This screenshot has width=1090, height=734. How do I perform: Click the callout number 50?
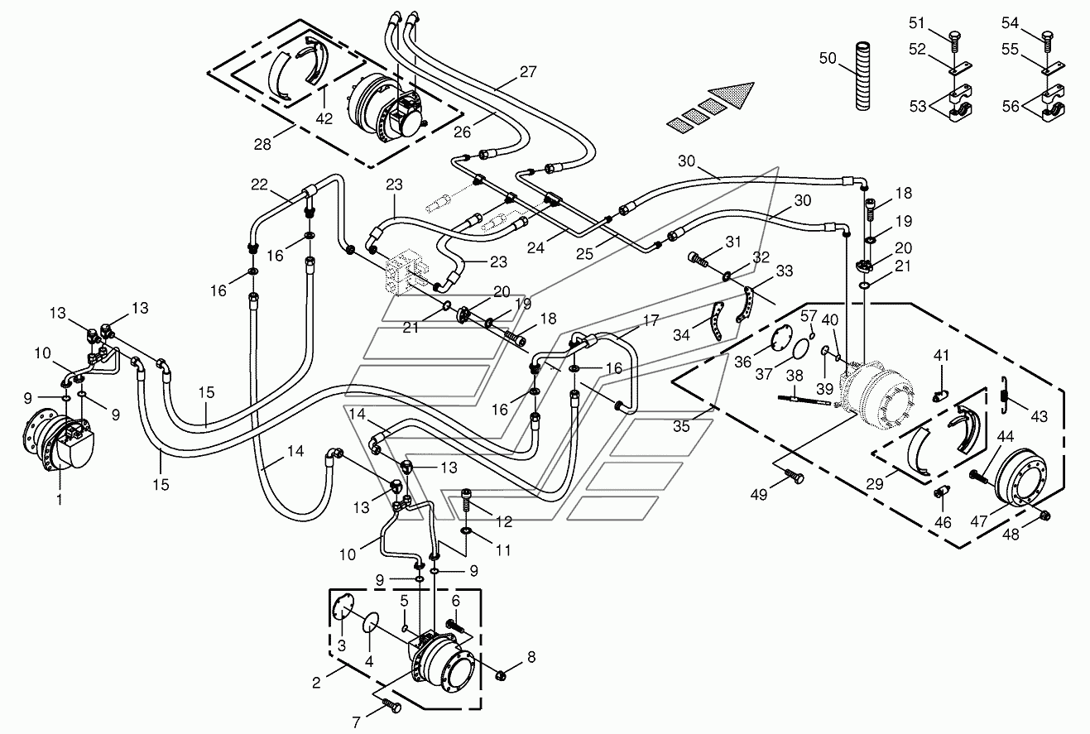(x=828, y=59)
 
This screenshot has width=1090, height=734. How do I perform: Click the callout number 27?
(x=528, y=71)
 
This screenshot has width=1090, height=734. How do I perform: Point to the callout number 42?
(x=324, y=118)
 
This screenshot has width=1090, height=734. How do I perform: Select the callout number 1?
(x=60, y=499)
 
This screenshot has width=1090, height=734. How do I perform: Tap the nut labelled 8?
(x=499, y=674)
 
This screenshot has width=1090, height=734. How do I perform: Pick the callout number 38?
(x=795, y=376)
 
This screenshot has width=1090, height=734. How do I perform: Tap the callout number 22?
(x=259, y=185)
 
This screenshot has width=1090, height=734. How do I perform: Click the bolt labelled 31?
(x=699, y=258)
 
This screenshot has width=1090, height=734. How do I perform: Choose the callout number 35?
(x=681, y=426)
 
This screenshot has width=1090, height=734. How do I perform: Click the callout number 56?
(x=1011, y=106)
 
